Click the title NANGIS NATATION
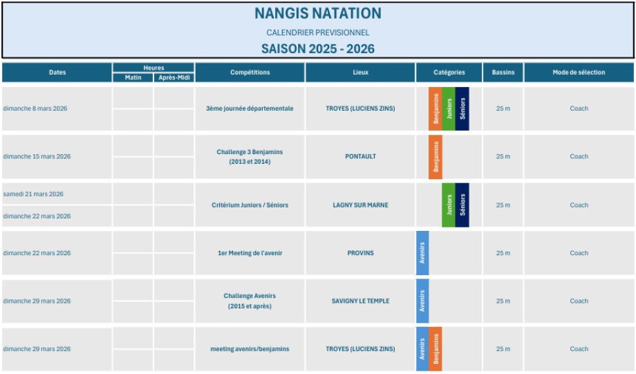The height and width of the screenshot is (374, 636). coord(317,13)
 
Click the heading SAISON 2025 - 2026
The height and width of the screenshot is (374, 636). coord(317,48)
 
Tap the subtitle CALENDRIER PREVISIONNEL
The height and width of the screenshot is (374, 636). coord(317,32)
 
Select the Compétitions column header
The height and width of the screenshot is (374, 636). coord(250,73)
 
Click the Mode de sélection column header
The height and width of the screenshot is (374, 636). coord(579,73)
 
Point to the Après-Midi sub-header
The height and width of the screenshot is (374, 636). coord(174,77)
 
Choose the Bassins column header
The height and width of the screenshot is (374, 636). coord(503,73)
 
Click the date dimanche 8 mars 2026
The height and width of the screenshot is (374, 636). coord(35,109)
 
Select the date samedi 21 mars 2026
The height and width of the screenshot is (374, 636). coord(33,194)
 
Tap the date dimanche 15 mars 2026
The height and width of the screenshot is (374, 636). coord(37,156)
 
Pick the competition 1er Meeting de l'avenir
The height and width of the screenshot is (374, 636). coord(250,253)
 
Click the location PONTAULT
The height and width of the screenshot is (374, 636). coord(360,156)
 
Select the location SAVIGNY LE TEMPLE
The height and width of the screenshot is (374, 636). coord(360,301)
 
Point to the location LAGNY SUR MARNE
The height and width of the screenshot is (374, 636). coord(360,205)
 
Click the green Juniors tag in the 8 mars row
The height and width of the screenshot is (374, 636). coord(449,109)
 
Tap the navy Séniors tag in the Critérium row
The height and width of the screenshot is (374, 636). coord(462,205)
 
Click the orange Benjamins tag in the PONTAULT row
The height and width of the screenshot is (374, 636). coord(436,157)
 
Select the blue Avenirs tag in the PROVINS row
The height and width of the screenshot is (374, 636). coord(422,253)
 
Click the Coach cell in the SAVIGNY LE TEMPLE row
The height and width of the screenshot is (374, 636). coord(579,301)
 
